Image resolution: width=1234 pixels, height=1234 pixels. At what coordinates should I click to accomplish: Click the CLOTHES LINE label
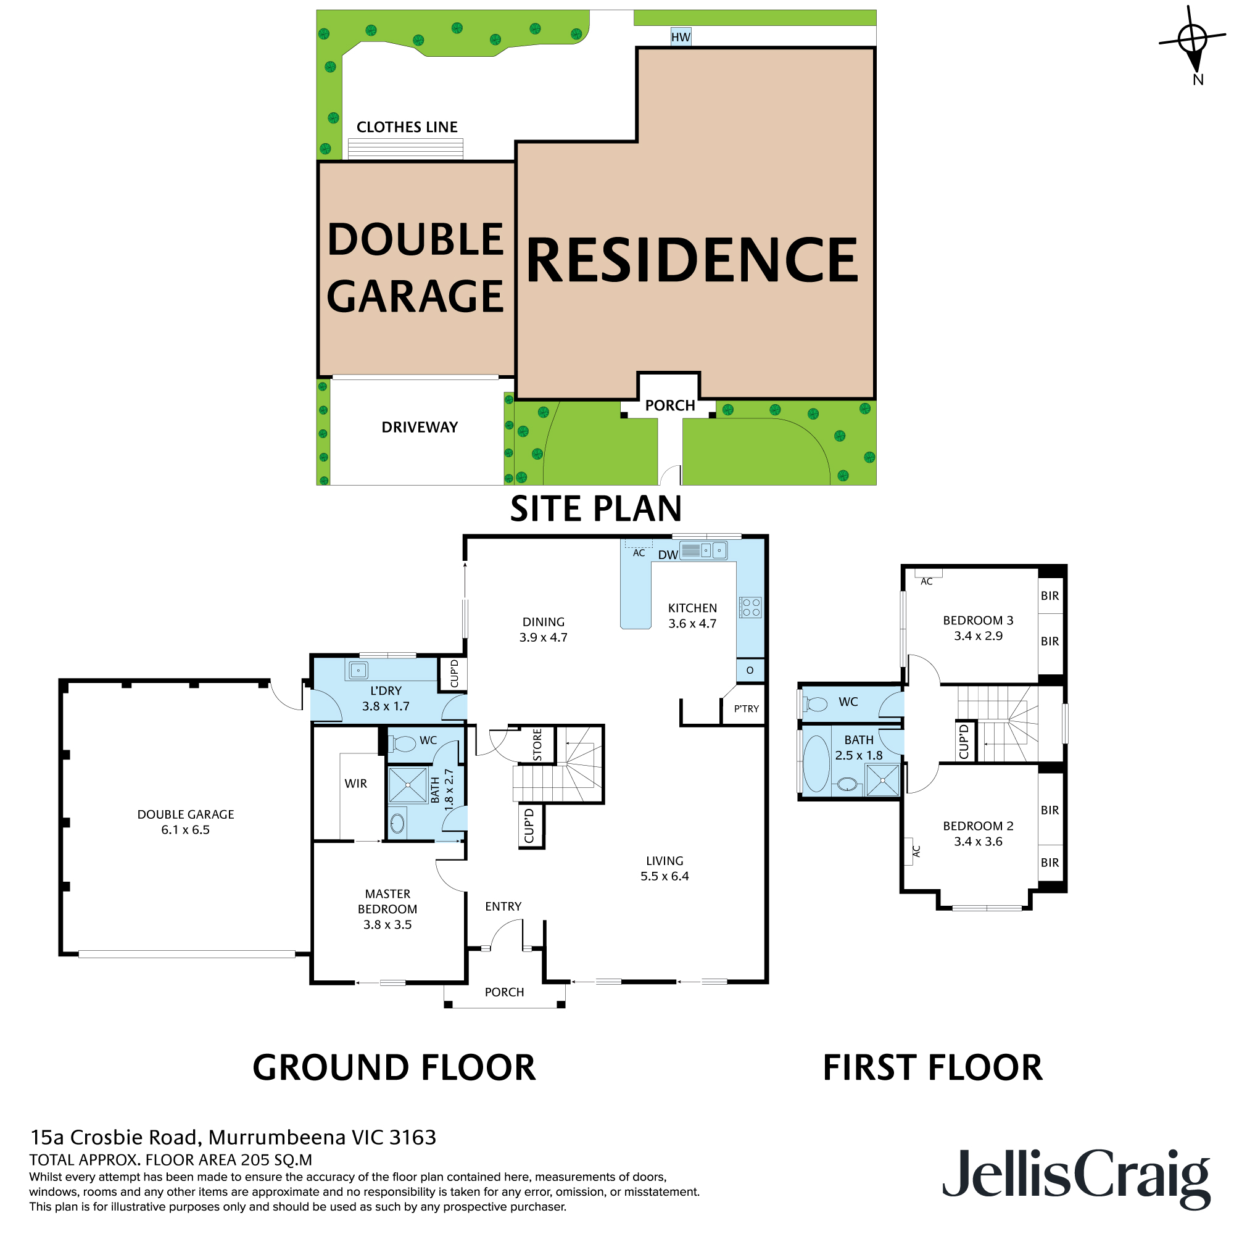click(407, 127)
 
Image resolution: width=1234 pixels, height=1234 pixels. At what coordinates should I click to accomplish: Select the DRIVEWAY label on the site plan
click(420, 428)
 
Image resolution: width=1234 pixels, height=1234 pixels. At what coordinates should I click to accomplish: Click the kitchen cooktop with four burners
click(750, 607)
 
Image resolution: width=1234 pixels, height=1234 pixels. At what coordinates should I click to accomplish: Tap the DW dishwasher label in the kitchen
click(668, 555)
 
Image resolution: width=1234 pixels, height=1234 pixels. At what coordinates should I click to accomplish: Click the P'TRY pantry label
click(746, 709)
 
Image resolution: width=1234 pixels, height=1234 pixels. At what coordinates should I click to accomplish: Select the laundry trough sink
click(358, 671)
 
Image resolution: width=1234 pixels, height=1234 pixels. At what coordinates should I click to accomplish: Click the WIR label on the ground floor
click(356, 784)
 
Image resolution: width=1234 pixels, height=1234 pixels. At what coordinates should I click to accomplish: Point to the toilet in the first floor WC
click(815, 705)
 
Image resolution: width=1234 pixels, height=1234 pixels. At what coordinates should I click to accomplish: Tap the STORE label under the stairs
click(537, 745)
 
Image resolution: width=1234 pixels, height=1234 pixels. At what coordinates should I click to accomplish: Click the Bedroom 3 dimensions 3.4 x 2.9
click(978, 636)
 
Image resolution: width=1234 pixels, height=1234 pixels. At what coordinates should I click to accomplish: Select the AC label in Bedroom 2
click(917, 851)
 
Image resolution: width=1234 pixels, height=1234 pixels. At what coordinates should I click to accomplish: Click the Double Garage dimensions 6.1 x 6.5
click(185, 830)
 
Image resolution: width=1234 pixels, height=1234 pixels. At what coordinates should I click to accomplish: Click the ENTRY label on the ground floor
click(503, 906)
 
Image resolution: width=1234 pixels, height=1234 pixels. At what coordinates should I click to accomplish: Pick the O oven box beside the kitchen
click(750, 670)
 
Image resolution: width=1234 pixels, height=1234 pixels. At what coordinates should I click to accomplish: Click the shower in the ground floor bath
click(407, 785)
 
